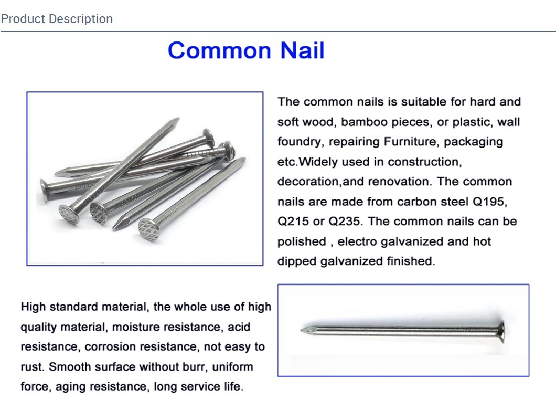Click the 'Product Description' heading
(x=57, y=19)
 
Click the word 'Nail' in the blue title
(x=302, y=50)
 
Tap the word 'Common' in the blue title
(x=219, y=50)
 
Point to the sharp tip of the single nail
(x=302, y=330)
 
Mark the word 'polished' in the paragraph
(x=302, y=242)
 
